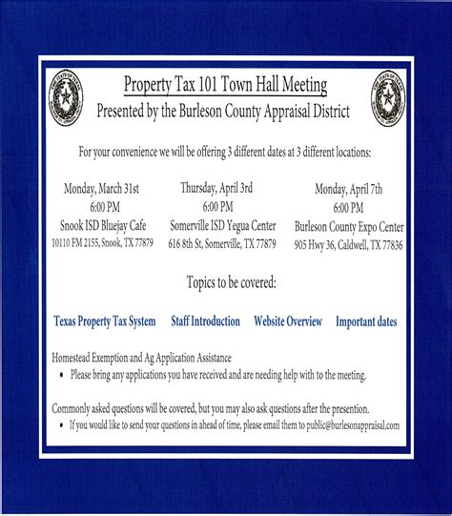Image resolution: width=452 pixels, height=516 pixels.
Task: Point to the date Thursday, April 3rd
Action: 217,189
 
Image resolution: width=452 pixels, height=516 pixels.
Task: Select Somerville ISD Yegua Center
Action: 221,225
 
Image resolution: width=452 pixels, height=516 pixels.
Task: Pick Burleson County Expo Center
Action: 349,227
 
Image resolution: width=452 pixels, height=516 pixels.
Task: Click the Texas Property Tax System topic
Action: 105,321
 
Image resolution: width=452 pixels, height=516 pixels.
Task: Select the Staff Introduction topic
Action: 205,321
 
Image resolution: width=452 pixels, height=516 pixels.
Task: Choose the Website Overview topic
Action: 288,321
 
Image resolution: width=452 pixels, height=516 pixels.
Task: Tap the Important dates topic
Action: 367,321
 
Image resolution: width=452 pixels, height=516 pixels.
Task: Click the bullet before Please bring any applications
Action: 61,375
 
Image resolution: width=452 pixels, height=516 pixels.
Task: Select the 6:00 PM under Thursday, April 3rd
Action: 217,207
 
